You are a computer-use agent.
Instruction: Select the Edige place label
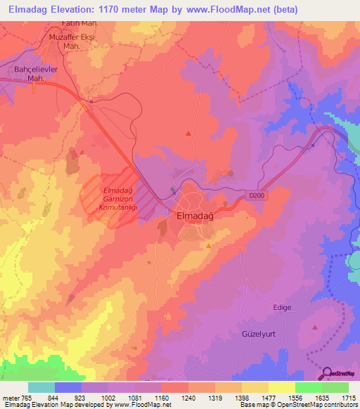[282, 307]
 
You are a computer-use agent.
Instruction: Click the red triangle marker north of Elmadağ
[188, 133]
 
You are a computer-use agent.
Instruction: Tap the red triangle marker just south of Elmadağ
[209, 245]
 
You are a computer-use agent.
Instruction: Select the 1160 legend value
[161, 397]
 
